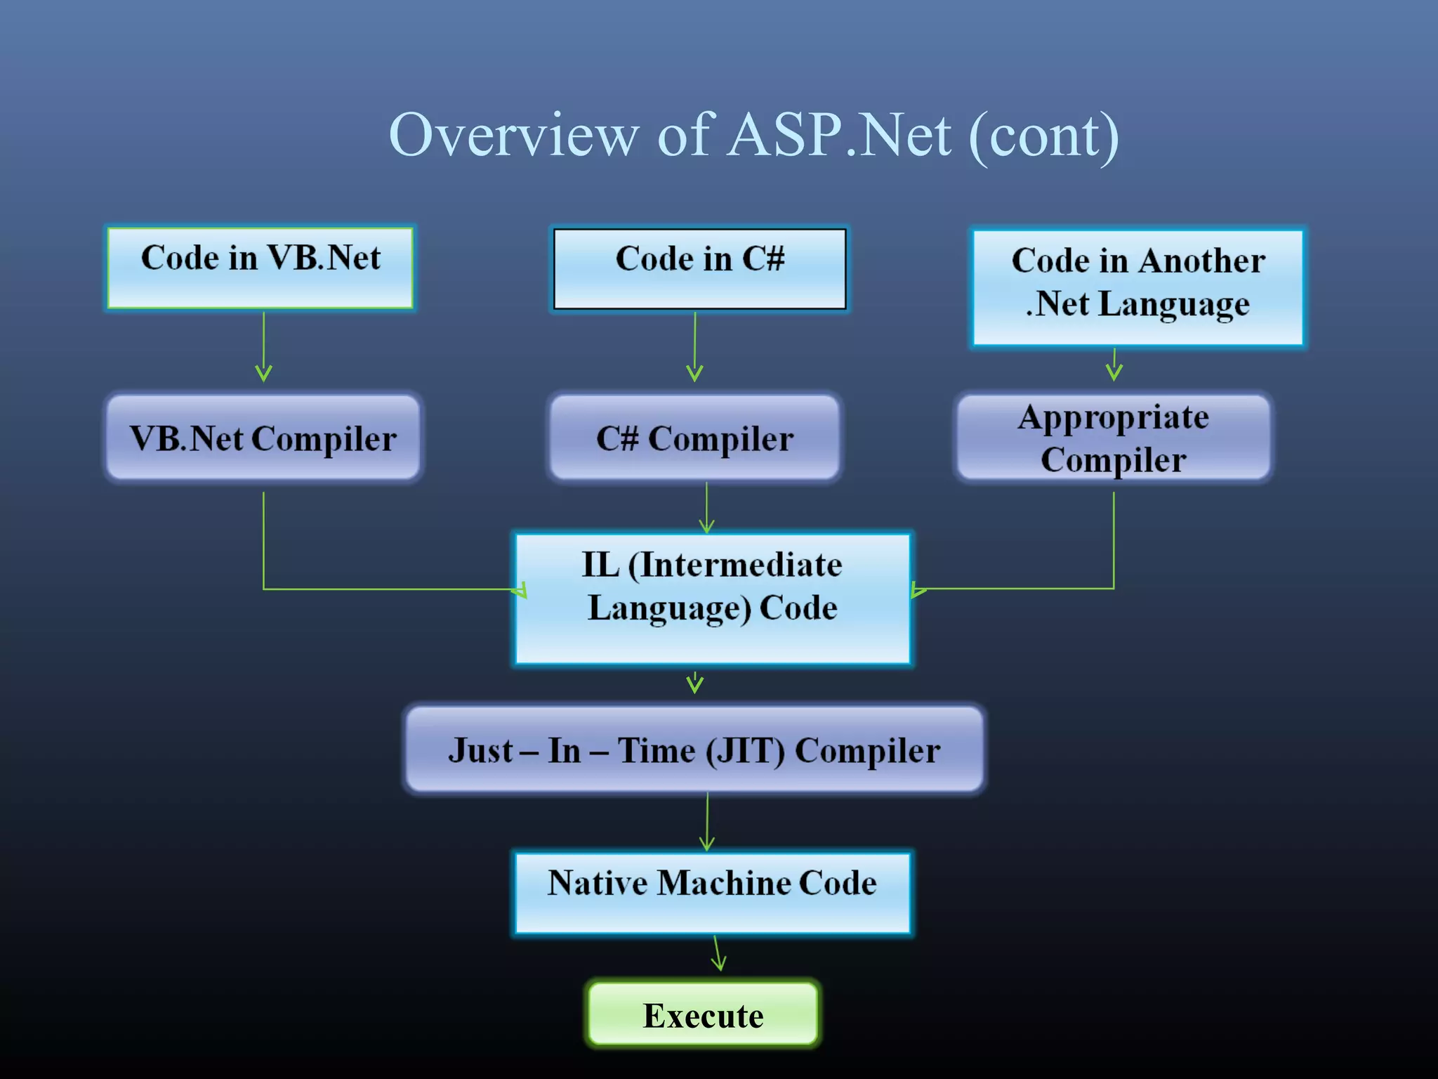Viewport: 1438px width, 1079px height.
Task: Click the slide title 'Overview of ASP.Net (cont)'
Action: click(753, 135)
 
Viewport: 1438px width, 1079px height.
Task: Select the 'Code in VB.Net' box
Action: click(260, 268)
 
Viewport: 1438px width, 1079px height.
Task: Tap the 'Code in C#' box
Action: click(699, 268)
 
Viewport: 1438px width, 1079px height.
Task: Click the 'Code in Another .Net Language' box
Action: click(1137, 287)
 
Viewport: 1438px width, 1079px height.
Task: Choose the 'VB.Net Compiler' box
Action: click(263, 438)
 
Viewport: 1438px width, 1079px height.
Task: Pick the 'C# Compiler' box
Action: click(694, 438)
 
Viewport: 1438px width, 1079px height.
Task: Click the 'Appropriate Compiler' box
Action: click(1114, 438)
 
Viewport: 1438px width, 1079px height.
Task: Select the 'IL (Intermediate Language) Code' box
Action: click(713, 599)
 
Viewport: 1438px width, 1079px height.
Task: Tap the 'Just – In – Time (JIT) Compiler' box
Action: click(694, 750)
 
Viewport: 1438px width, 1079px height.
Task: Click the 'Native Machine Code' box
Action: click(713, 893)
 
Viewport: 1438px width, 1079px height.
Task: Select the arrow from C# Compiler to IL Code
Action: click(706, 507)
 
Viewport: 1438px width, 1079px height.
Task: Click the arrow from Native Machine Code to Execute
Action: click(717, 954)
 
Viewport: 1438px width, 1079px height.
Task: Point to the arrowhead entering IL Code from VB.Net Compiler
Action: click(520, 589)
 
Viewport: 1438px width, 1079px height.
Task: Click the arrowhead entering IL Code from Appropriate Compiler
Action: click(916, 589)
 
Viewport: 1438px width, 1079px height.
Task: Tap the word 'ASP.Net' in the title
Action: click(840, 135)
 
